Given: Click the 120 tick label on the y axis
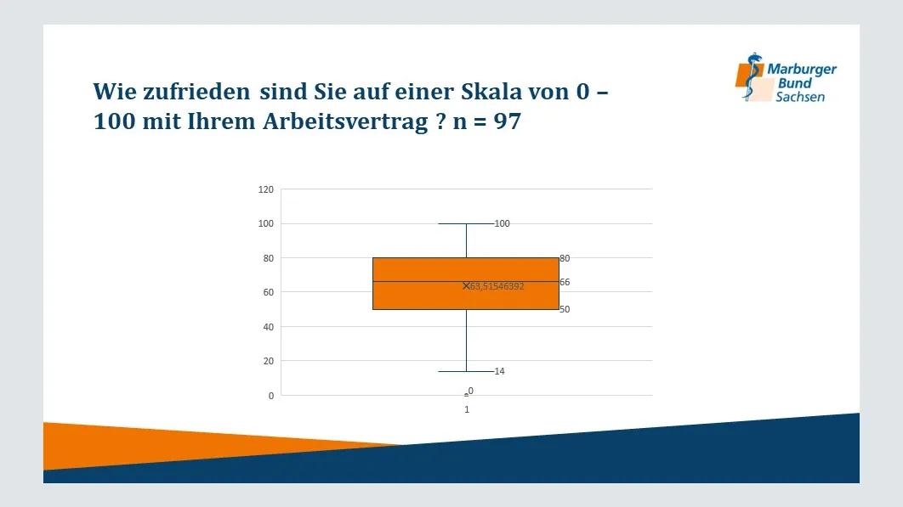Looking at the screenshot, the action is (x=265, y=189).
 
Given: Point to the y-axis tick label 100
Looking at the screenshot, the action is (x=265, y=223).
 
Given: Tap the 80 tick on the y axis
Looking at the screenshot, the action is (x=269, y=258).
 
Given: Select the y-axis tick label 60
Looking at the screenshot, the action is (x=269, y=292).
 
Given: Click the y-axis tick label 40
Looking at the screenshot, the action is (x=269, y=327).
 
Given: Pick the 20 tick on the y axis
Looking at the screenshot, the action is (x=269, y=361).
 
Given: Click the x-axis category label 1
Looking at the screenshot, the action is (x=467, y=409).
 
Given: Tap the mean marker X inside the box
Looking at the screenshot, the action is (x=467, y=286).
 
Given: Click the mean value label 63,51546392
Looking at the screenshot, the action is (x=497, y=286).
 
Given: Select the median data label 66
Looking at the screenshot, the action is (x=565, y=282).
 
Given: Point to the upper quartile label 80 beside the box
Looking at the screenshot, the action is (x=565, y=258).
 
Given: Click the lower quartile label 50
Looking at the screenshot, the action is (x=565, y=310).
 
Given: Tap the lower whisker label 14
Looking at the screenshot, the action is (x=499, y=371).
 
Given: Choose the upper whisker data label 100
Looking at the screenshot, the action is (x=503, y=223).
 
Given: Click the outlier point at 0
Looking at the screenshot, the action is (x=467, y=396).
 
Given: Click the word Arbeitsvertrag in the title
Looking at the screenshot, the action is (x=345, y=122).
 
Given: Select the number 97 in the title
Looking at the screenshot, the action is (x=508, y=121).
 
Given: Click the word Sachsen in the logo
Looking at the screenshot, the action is (x=800, y=97).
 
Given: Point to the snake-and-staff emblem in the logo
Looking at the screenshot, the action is (x=751, y=76).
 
